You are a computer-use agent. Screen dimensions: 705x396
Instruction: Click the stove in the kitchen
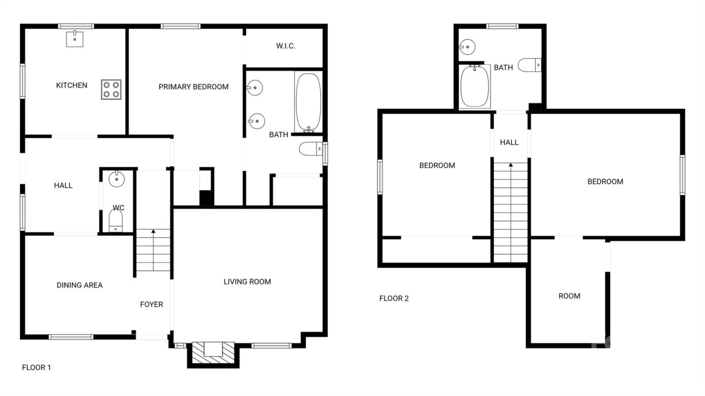click(x=111, y=90)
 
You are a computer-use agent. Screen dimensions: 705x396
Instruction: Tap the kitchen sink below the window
click(x=75, y=39)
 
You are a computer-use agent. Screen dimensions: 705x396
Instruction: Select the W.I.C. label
click(x=286, y=46)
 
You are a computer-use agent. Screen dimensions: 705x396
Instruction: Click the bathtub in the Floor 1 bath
click(x=308, y=103)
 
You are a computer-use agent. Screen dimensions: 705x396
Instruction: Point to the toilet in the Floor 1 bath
click(x=311, y=149)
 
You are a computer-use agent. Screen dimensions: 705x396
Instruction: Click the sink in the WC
click(x=117, y=179)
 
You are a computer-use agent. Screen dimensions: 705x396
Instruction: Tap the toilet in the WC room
click(x=116, y=221)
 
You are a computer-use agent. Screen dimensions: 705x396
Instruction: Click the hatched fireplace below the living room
click(x=213, y=353)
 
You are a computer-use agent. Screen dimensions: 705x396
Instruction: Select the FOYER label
click(x=152, y=304)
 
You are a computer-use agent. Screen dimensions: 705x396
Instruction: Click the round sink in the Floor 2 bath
click(x=467, y=47)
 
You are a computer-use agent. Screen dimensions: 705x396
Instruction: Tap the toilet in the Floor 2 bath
click(x=529, y=65)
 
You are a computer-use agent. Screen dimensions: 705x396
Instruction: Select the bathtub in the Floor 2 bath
click(x=475, y=86)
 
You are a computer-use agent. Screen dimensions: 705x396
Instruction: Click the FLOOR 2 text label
click(x=394, y=298)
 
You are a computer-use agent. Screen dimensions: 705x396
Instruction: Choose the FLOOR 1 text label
click(x=36, y=367)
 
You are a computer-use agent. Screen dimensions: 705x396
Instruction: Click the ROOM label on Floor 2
click(x=569, y=296)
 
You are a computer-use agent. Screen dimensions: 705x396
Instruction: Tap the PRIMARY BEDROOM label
click(x=193, y=87)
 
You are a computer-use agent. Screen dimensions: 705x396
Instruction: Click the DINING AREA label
click(x=80, y=285)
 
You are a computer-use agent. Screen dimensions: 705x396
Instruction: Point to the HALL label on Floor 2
click(x=509, y=142)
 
